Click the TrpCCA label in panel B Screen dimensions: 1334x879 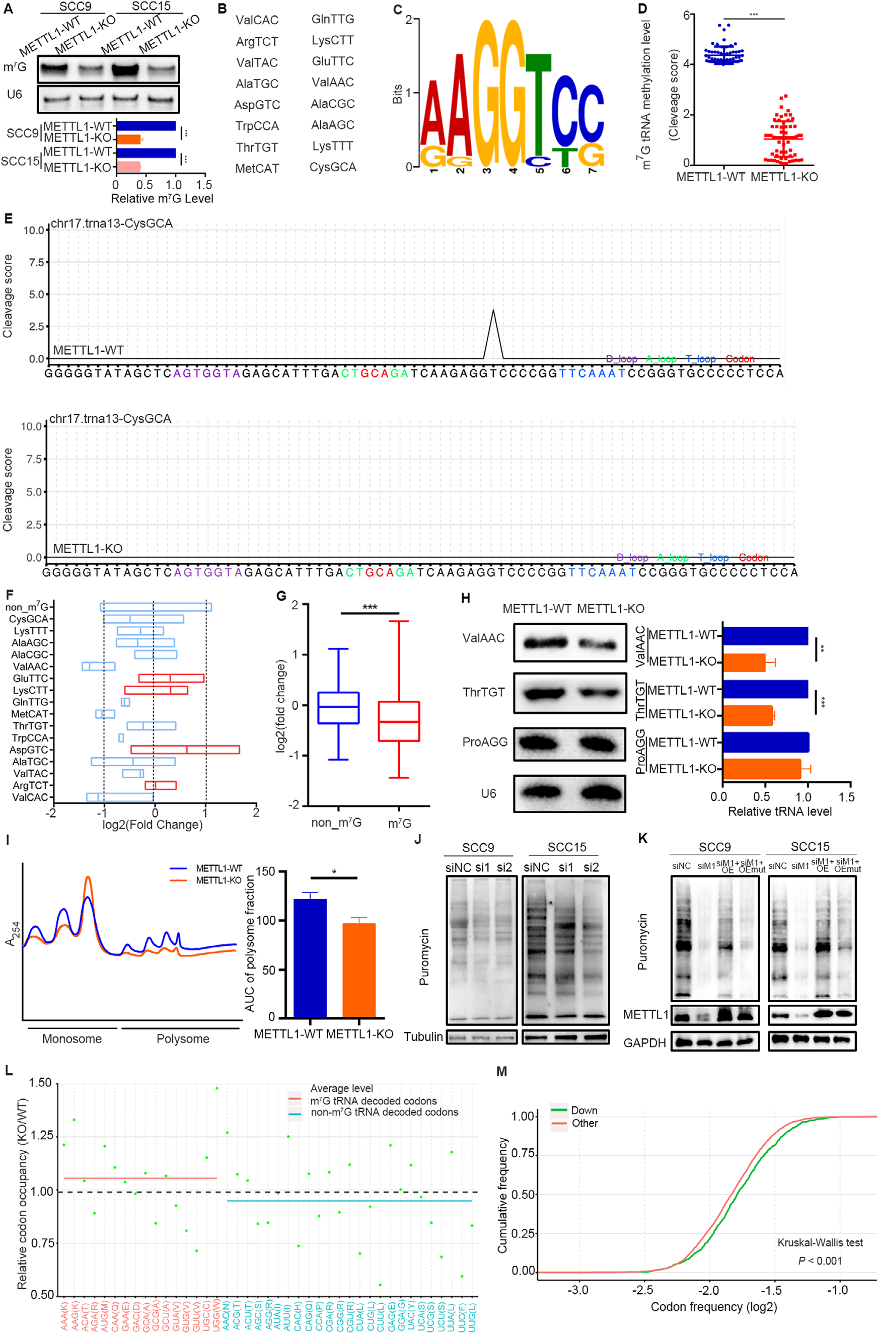(257, 126)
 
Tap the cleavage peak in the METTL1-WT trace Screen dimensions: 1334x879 (493, 312)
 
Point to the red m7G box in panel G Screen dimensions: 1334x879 (399, 721)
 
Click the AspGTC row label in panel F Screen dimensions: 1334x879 (29, 750)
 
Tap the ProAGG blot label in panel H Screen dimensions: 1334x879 (485, 742)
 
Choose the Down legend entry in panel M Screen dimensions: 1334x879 (583, 1110)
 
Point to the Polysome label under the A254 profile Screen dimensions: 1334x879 (183, 1039)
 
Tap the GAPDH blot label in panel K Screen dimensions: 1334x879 (645, 1043)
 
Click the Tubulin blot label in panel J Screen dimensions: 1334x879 (424, 1036)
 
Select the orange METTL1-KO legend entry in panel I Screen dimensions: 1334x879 (218, 880)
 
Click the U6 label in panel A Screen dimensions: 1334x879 (15, 94)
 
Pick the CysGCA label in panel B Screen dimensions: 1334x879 (333, 167)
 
